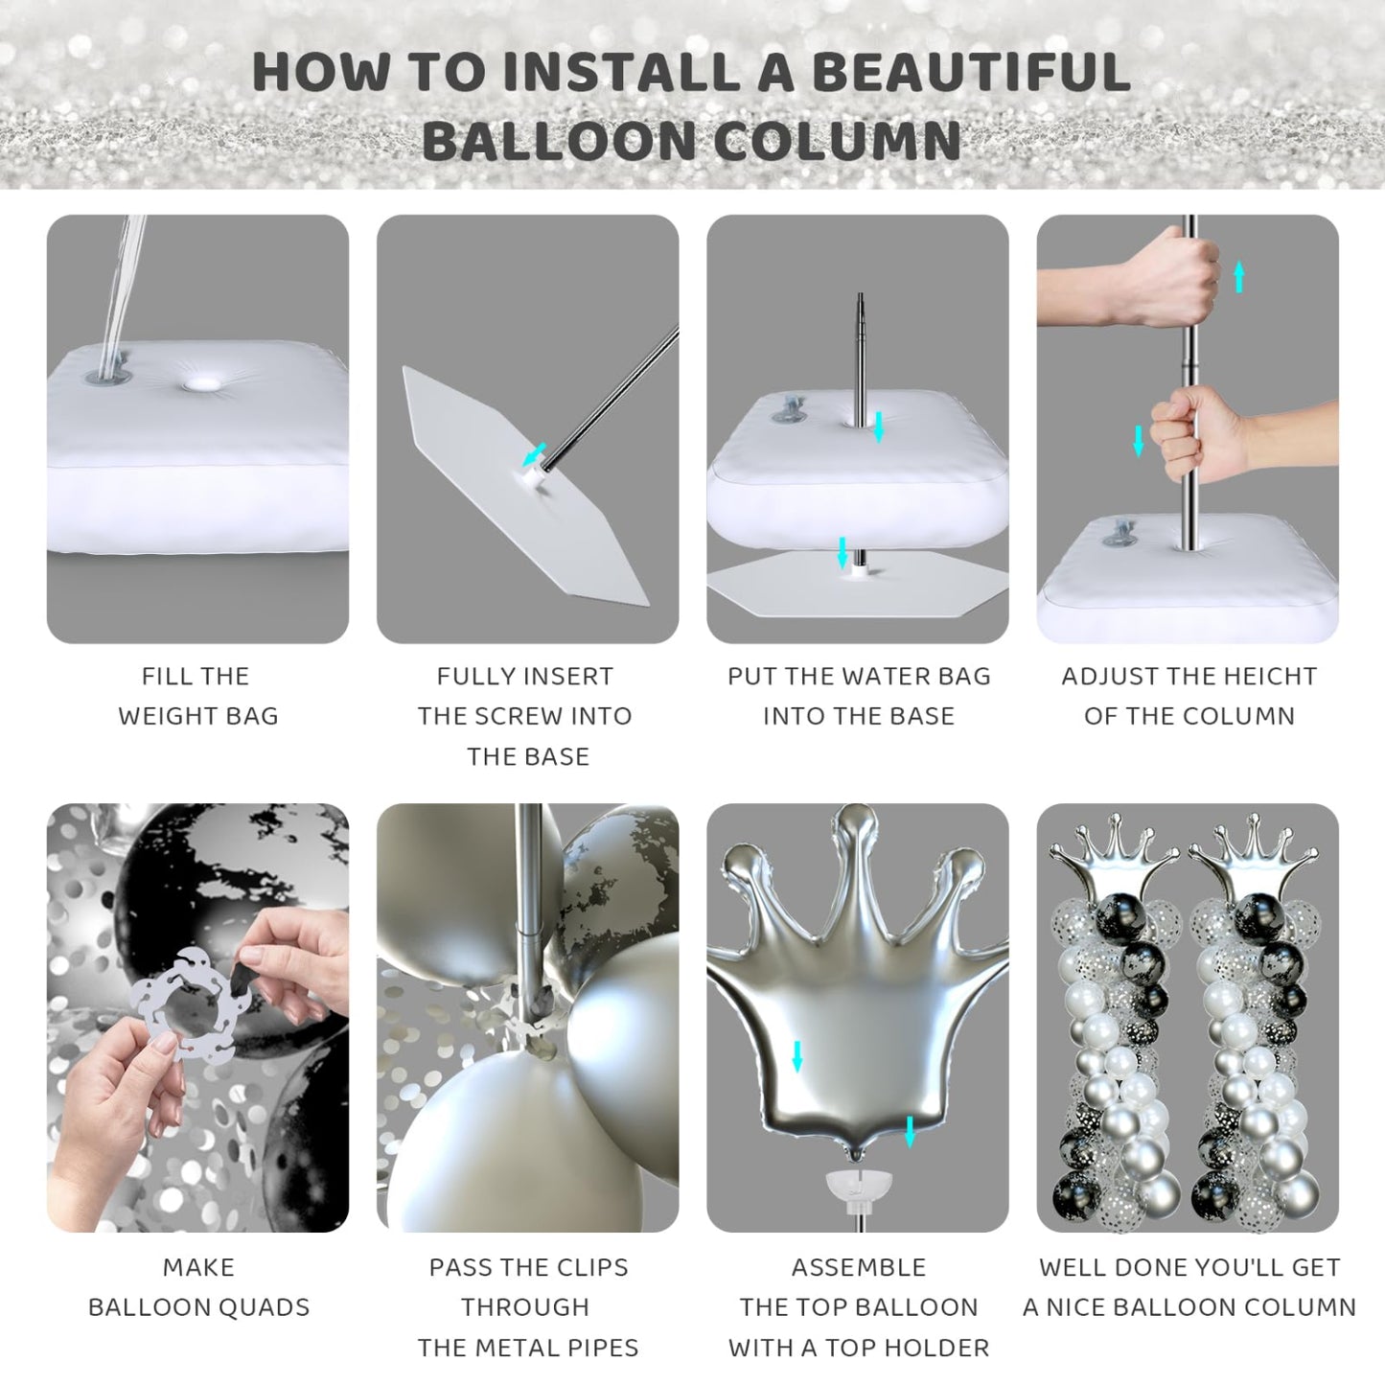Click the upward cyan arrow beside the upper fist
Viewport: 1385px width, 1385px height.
pyautogui.click(x=1238, y=277)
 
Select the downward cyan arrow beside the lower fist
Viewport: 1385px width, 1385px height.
pyautogui.click(x=1139, y=441)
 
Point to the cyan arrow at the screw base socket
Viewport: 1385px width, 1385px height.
pyautogui.click(x=534, y=454)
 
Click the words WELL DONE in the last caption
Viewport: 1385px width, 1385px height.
pyautogui.click(x=1122, y=1267)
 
